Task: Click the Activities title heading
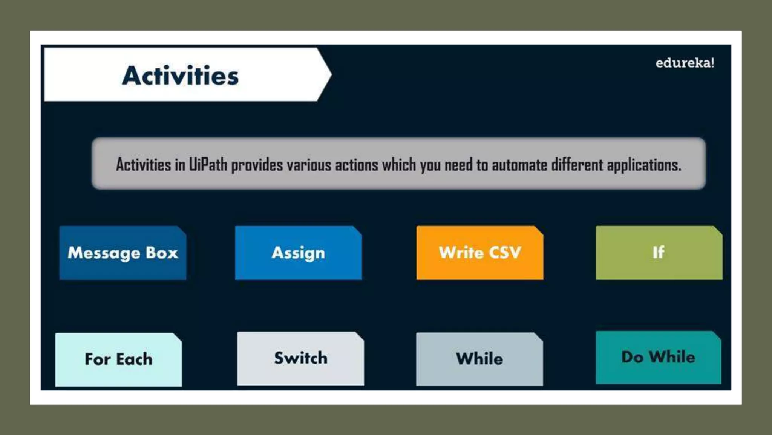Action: pos(180,76)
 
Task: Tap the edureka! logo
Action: pos(685,63)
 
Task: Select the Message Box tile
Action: pos(123,253)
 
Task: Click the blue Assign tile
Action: pos(298,253)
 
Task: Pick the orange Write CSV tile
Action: pos(479,253)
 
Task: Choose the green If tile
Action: pos(659,253)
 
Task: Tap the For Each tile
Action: pos(118,359)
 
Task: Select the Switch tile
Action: pos(300,358)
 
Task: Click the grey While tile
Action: pos(479,359)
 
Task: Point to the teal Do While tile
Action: pos(658,357)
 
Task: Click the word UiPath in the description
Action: pos(208,165)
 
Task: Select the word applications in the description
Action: pos(643,165)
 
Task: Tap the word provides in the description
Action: pos(257,165)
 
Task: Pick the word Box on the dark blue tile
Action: pos(162,253)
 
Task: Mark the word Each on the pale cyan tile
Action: pos(134,359)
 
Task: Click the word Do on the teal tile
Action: pos(632,357)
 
